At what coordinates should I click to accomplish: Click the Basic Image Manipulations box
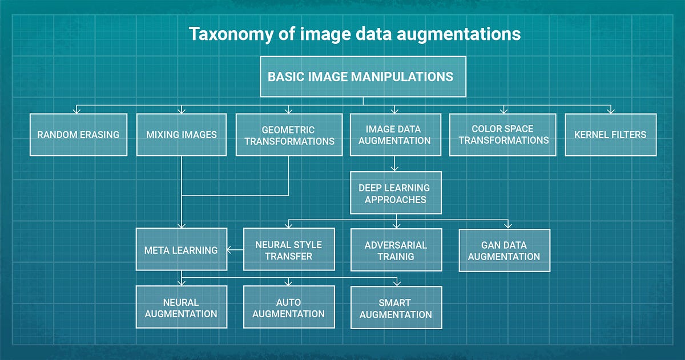pos(363,76)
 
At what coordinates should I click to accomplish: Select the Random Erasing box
pos(78,135)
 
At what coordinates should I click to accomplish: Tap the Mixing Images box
pos(182,135)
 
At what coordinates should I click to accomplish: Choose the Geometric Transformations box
pos(289,135)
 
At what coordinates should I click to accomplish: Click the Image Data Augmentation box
pos(395,135)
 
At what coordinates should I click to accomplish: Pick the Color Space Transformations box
pos(503,135)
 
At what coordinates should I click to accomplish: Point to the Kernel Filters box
pos(610,135)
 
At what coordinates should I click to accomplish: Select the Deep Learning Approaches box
pos(395,193)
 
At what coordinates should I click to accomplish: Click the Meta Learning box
pos(181,250)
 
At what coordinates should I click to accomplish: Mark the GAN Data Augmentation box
pos(504,250)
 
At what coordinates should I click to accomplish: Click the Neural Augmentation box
pos(181,308)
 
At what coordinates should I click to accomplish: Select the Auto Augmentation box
pos(289,308)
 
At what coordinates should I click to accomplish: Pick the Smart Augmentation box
pos(396,308)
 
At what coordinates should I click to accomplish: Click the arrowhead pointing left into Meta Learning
pos(230,250)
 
